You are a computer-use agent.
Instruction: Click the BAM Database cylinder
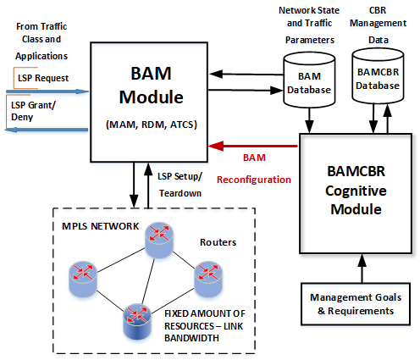point(309,80)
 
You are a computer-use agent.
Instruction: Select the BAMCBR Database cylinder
point(378,76)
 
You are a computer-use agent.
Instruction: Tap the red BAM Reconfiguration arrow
point(253,146)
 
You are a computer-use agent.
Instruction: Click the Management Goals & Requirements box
point(356,304)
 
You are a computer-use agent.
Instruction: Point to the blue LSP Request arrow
point(47,91)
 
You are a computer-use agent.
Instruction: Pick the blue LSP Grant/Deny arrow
point(47,130)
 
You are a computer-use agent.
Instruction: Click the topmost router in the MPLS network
point(159,240)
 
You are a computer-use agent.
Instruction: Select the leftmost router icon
point(83,279)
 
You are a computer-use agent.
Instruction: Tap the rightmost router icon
point(208,279)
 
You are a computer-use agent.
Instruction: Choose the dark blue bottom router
point(137,321)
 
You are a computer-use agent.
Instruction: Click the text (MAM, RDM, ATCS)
point(152,125)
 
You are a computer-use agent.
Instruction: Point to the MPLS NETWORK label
point(100,226)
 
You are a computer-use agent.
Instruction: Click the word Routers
point(218,242)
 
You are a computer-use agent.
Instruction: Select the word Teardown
point(180,193)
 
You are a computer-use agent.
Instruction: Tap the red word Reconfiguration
point(254,180)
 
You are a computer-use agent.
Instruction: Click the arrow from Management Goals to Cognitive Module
point(362,269)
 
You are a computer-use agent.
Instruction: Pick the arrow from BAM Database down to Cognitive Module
point(309,120)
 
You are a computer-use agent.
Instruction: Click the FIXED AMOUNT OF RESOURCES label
point(205,325)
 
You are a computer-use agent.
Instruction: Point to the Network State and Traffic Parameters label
point(309,25)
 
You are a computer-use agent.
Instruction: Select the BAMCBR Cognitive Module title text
point(356,191)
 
